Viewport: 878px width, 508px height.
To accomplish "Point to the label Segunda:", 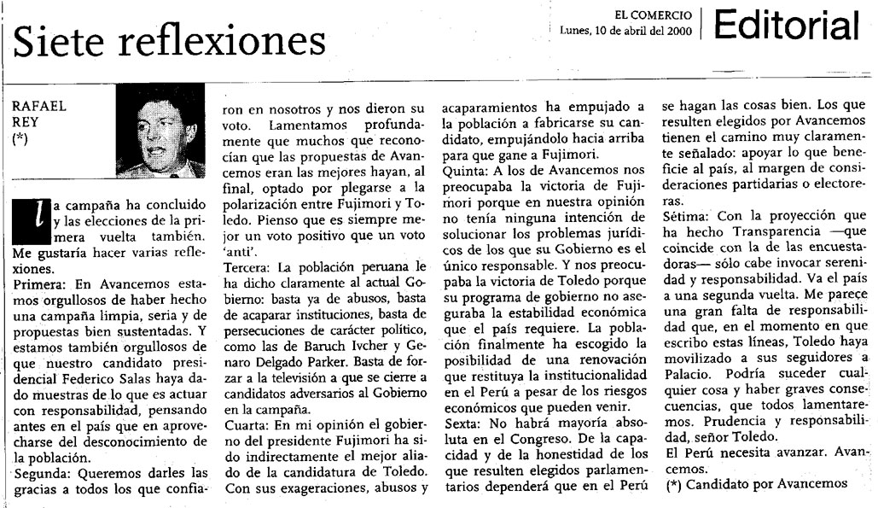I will pos(44,472).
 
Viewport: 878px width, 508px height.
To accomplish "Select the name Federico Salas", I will pos(139,376).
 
